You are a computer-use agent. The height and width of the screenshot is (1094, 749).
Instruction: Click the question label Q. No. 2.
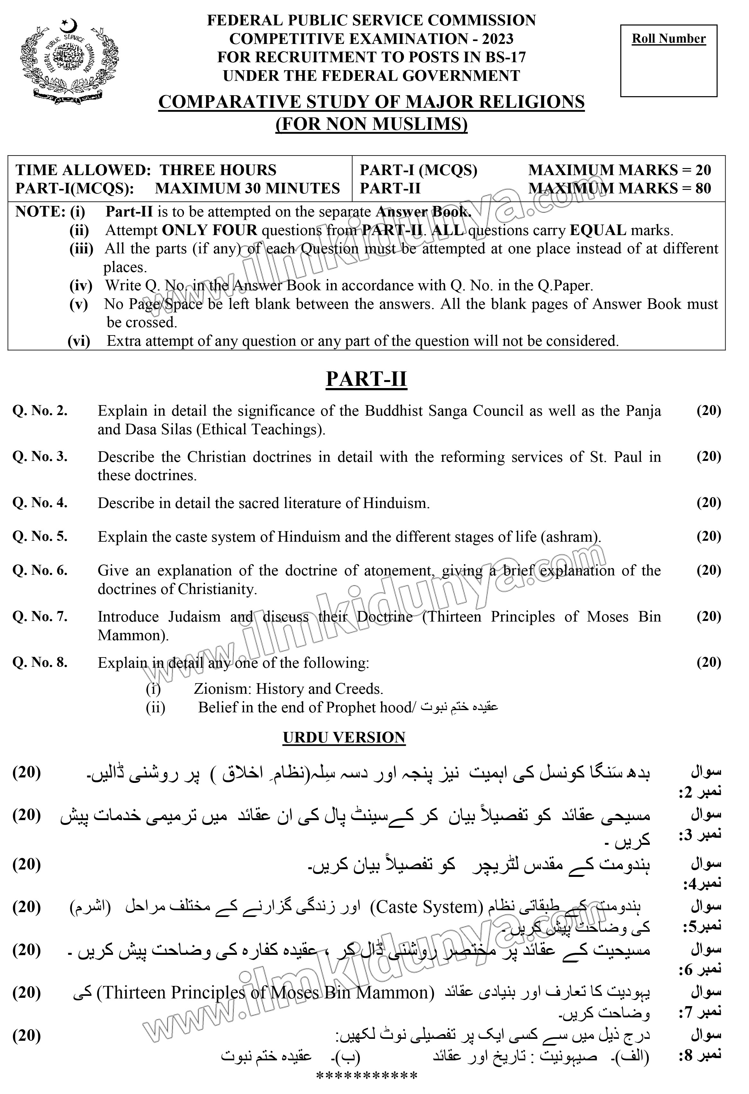pos(40,411)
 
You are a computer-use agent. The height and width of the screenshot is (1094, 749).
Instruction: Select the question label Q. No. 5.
pos(40,537)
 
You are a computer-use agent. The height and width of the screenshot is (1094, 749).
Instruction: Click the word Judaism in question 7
pos(195,617)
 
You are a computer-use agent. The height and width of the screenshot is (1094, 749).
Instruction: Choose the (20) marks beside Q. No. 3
pos(709,457)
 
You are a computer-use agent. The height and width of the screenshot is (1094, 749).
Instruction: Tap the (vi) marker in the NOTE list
pos(79,341)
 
